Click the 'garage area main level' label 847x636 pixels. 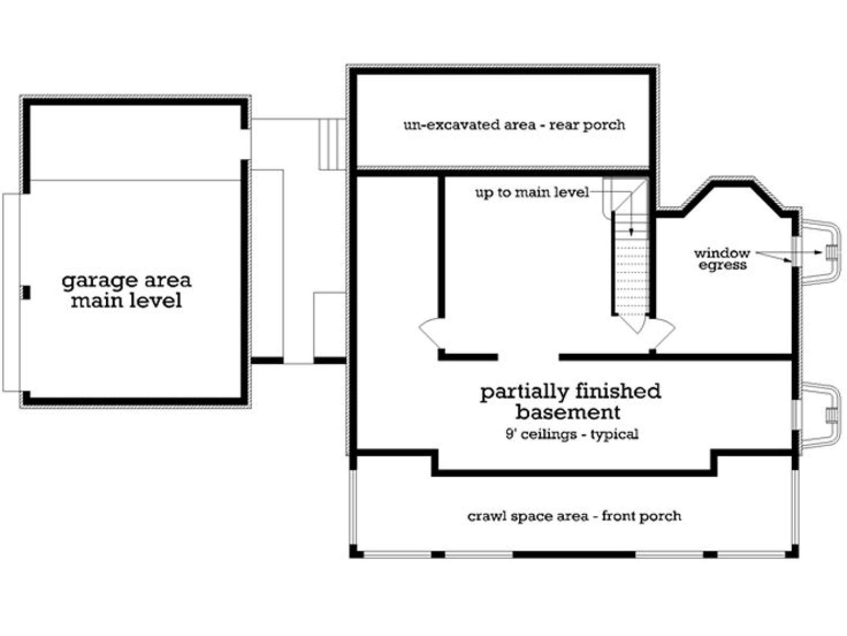click(126, 290)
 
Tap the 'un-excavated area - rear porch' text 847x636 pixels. click(515, 125)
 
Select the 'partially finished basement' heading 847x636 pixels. click(570, 402)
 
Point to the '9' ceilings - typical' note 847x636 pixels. click(572, 435)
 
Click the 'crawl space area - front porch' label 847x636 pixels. click(574, 516)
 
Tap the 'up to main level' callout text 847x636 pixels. click(532, 192)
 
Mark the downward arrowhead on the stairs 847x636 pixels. click(632, 232)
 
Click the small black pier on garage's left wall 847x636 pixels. click(26, 293)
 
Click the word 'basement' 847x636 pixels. click(568, 412)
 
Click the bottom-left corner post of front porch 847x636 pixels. click(357, 551)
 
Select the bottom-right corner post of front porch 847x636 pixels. click(792, 551)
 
